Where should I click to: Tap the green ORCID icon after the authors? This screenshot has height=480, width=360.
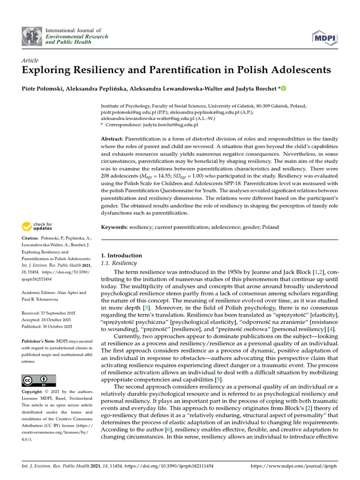tap(270, 89)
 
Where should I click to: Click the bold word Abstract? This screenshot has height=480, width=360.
tap(112, 139)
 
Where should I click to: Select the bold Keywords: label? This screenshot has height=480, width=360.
tap(114, 227)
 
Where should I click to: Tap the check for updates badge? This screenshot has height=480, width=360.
tap(37, 227)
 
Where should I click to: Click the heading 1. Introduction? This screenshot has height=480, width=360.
tap(121, 255)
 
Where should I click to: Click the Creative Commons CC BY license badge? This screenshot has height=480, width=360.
tap(39, 380)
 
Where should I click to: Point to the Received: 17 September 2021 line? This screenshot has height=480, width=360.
tap(47, 313)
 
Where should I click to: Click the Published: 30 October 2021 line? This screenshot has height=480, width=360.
tap(47, 326)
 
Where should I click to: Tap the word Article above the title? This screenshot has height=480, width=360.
tap(30, 60)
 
